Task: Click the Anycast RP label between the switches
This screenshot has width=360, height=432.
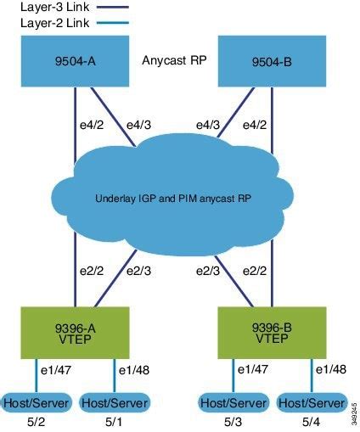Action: [175, 60]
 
